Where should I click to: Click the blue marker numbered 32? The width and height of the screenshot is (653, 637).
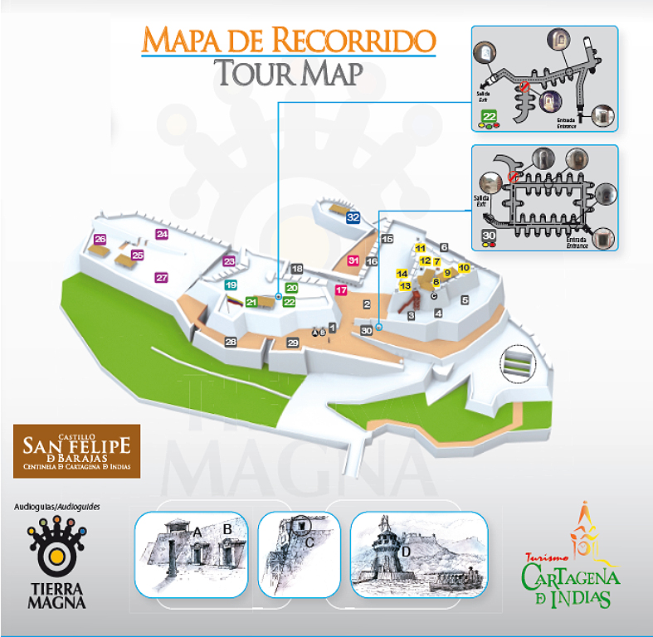(x=353, y=217)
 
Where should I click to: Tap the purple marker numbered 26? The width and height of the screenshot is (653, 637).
(x=100, y=240)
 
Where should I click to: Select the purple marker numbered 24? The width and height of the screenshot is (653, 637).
(x=162, y=235)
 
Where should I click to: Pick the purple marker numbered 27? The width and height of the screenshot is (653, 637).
(x=162, y=278)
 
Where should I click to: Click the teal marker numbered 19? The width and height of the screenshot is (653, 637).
(x=231, y=284)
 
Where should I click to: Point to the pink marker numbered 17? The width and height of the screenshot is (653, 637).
(x=340, y=290)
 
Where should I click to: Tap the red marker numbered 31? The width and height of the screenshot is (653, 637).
(x=353, y=261)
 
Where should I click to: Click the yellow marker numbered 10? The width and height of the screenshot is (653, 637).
(x=464, y=267)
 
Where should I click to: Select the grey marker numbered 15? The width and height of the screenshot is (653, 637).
(x=386, y=239)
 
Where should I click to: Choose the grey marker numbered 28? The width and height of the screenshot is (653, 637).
(x=231, y=342)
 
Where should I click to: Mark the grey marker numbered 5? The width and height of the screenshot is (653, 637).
(x=465, y=299)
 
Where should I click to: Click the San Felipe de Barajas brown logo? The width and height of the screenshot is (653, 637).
(x=76, y=451)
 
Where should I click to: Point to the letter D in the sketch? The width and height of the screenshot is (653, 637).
(x=406, y=552)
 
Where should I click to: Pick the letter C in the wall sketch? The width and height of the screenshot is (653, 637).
(x=309, y=542)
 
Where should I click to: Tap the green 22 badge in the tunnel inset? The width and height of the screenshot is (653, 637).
(x=490, y=116)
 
